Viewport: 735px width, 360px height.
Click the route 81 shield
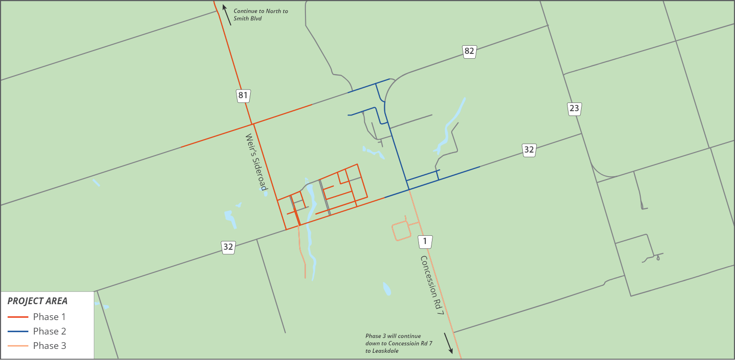243,95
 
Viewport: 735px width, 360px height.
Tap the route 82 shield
469,51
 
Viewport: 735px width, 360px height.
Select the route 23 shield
574,109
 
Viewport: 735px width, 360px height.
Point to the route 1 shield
425,242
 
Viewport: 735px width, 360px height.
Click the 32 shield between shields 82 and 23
529,150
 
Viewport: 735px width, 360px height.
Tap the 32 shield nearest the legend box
228,247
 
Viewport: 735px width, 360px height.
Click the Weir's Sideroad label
256,162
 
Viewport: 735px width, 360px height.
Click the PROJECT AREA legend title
38,301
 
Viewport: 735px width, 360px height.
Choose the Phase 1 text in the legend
50,317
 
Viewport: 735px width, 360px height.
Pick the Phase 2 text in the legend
50,331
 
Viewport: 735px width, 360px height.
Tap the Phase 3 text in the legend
50,346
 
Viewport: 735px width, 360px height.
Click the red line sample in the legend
17,317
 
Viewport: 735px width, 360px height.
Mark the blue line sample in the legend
17,332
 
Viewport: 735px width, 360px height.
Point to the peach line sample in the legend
17,346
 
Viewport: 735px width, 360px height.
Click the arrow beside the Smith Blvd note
227,15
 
